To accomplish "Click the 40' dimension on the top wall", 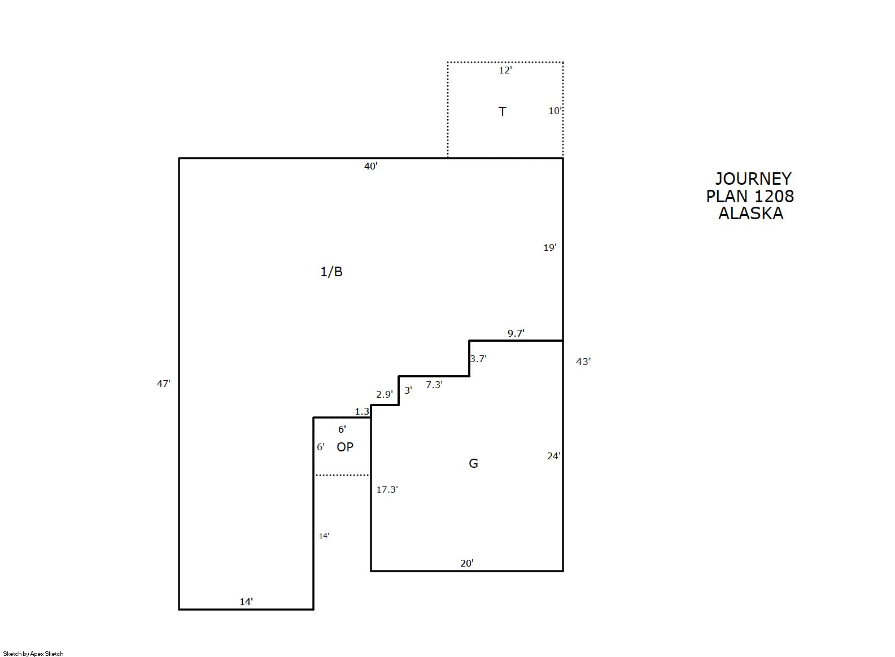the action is pyautogui.click(x=371, y=166).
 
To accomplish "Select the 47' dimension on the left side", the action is pyautogui.click(x=163, y=384).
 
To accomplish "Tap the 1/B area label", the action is pyautogui.click(x=331, y=272).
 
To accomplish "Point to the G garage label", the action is pyautogui.click(x=473, y=463).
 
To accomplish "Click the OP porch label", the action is pyautogui.click(x=345, y=447).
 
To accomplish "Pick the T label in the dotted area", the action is pyautogui.click(x=502, y=111).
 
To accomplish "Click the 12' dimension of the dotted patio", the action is pyautogui.click(x=505, y=71).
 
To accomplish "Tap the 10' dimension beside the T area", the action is pyautogui.click(x=555, y=111).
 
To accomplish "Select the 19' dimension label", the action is pyautogui.click(x=550, y=248).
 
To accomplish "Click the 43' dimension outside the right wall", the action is pyautogui.click(x=583, y=362).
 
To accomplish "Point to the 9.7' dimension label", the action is pyautogui.click(x=516, y=333).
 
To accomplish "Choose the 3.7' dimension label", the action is pyautogui.click(x=478, y=359).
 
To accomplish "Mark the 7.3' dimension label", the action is pyautogui.click(x=434, y=385).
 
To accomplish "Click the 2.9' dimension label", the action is pyautogui.click(x=385, y=395).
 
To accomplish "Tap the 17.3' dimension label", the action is pyautogui.click(x=387, y=490).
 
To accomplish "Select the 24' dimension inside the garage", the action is pyautogui.click(x=554, y=456).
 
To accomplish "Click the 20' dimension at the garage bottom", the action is pyautogui.click(x=466, y=563).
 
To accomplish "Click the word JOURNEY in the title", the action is pyautogui.click(x=753, y=179).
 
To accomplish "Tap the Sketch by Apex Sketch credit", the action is pyautogui.click(x=33, y=654).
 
